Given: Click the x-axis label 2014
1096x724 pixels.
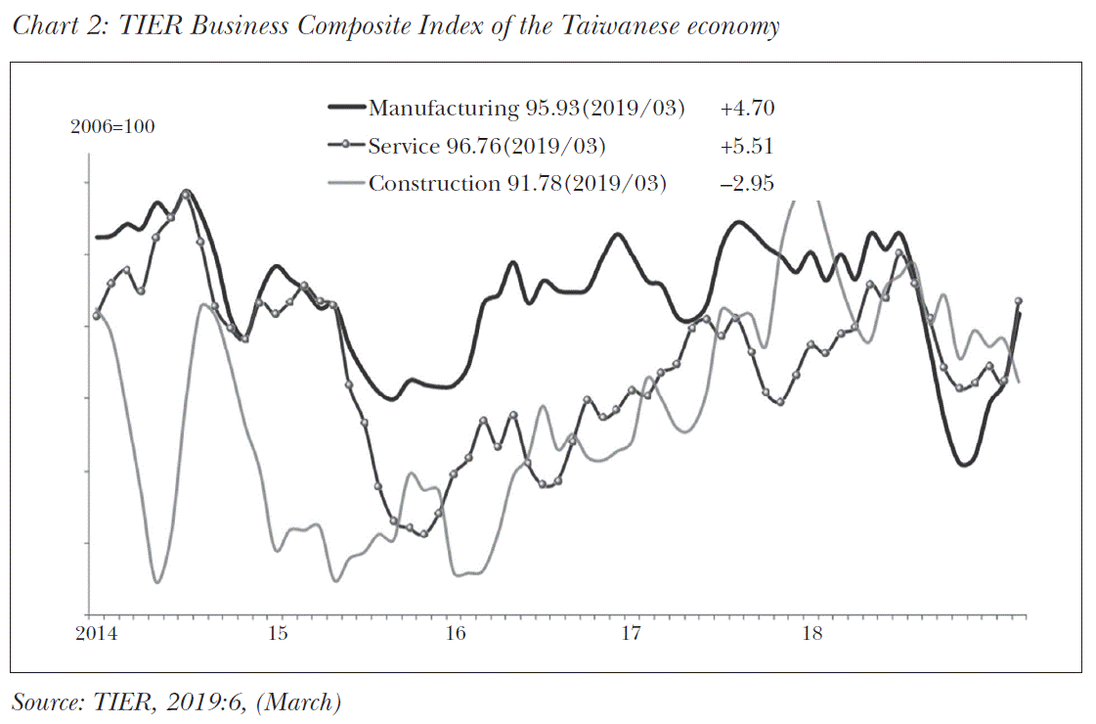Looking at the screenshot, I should tap(96, 634).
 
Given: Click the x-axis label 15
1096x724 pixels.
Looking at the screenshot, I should tap(278, 634).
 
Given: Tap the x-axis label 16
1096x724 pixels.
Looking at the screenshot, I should tap(456, 634).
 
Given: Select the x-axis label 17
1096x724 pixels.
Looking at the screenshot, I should tap(632, 634).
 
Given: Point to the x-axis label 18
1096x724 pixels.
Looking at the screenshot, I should tap(811, 634).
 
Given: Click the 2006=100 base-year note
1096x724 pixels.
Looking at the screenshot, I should tap(112, 127).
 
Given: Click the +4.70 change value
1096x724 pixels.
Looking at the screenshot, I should tap(747, 109).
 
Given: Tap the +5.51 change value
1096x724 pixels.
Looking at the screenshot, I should tap(747, 147).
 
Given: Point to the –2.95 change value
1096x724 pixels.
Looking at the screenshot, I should tap(747, 183).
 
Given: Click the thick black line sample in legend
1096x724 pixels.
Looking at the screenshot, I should tap(346, 109).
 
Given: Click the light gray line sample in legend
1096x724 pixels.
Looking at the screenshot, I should tap(346, 183).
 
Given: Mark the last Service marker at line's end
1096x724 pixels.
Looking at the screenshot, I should tap(1019, 301).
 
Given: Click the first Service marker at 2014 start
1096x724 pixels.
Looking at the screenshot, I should tap(97, 315).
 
